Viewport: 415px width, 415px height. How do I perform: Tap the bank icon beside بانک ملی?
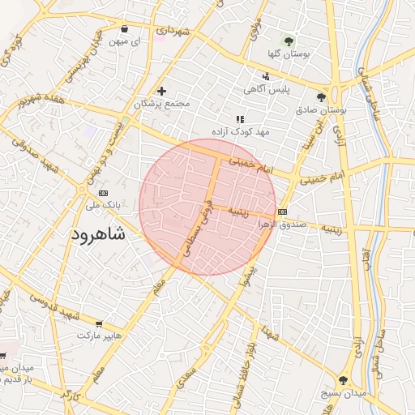click(103, 194)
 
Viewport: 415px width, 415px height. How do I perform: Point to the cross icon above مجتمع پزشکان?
click(162, 91)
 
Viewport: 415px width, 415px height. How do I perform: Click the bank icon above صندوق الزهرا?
click(282, 212)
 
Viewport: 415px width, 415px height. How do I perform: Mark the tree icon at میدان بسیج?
click(344, 379)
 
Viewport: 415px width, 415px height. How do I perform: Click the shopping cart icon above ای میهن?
click(124, 27)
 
